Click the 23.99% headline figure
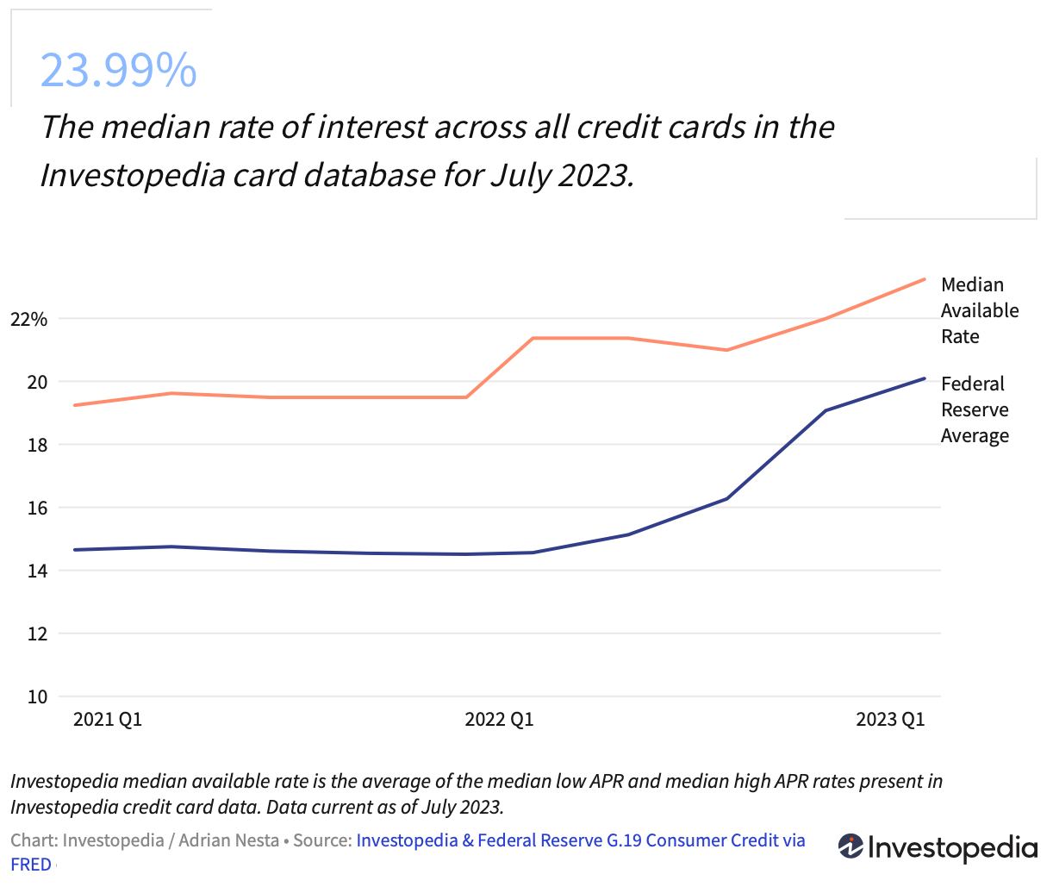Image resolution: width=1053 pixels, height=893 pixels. pyautogui.click(x=118, y=71)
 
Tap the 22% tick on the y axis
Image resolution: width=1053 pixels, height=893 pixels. pyautogui.click(x=28, y=320)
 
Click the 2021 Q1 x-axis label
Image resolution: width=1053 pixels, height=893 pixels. pyautogui.click(x=108, y=720)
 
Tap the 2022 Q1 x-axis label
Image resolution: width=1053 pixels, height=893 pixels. pyautogui.click(x=499, y=720)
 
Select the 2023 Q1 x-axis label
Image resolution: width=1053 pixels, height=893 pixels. pyautogui.click(x=890, y=720)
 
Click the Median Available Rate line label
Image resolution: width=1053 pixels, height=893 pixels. pyautogui.click(x=979, y=310)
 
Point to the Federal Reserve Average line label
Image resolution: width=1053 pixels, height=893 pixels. pyautogui.click(x=975, y=409)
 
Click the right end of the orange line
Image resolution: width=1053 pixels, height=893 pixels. pyautogui.click(x=925, y=279)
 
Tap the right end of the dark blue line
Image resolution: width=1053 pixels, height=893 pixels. pyautogui.click(x=925, y=378)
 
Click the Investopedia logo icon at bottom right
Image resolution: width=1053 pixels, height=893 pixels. pyautogui.click(x=850, y=846)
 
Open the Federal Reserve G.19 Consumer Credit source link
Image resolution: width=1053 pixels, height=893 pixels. pyautogui.click(x=580, y=840)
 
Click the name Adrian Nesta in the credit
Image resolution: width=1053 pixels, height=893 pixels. pyautogui.click(x=228, y=840)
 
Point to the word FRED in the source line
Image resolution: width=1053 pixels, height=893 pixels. pyautogui.click(x=31, y=865)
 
